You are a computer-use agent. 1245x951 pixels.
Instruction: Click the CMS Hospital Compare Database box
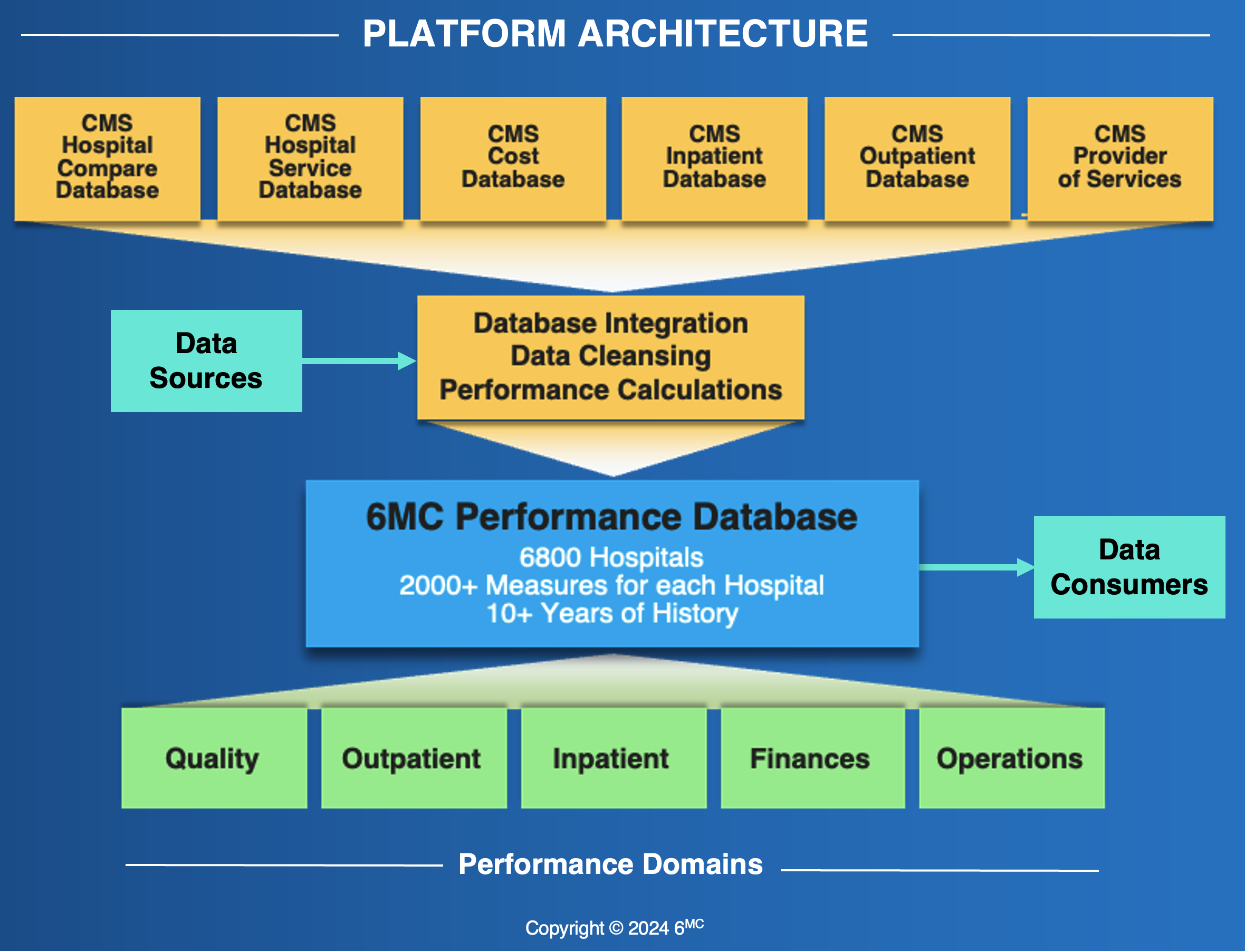(x=108, y=158)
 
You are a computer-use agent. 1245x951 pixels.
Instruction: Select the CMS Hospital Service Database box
(x=310, y=158)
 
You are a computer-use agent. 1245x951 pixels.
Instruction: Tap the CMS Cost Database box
(x=513, y=158)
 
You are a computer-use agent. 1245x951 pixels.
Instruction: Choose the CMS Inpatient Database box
(x=714, y=158)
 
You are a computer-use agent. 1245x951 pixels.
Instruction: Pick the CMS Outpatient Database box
(x=917, y=158)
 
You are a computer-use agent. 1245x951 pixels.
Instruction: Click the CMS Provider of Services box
(x=1120, y=158)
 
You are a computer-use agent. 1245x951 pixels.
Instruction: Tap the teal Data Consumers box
(x=1129, y=567)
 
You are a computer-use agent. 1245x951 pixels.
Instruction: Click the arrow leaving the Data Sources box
(x=359, y=360)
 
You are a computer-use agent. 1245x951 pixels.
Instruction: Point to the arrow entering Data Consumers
(x=977, y=567)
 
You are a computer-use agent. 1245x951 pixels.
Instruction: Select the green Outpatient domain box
(x=414, y=758)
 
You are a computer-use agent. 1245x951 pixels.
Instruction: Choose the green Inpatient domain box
(x=614, y=758)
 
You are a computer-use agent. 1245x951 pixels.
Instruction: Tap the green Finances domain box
(x=812, y=758)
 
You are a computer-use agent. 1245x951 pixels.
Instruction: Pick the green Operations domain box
(x=1012, y=758)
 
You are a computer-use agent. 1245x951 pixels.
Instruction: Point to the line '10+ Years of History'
(x=612, y=614)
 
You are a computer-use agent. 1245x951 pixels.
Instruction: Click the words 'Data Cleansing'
(x=610, y=356)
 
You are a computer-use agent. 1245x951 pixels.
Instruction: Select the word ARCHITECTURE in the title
(x=723, y=33)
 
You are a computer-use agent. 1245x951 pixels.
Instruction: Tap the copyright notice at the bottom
(x=615, y=927)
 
